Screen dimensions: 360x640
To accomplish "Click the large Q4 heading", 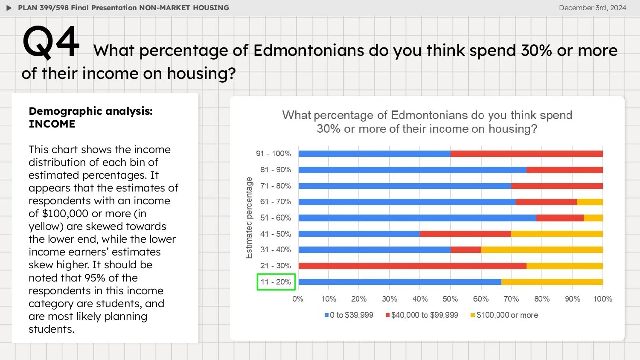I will pyautogui.click(x=51, y=42).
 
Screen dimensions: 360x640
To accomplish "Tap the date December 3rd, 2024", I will pyautogui.click(x=592, y=8).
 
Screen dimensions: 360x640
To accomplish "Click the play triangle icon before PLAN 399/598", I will pyautogui.click(x=9, y=8).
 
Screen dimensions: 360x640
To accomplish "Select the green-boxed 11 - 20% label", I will pyautogui.click(x=276, y=282).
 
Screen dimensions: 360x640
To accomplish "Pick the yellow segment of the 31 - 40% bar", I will pyautogui.click(x=542, y=250).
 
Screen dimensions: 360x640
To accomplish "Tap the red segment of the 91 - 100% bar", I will pyautogui.click(x=527, y=154).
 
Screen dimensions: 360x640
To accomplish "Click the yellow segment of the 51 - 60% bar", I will pyautogui.click(x=593, y=218).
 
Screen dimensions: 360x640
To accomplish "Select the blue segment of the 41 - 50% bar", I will pyautogui.click(x=359, y=234).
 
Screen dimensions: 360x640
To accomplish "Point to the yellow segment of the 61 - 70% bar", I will pyautogui.click(x=590, y=202).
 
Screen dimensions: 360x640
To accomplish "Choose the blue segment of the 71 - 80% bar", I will pyautogui.click(x=404, y=186).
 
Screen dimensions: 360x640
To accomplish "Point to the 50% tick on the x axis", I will pyautogui.click(x=450, y=299).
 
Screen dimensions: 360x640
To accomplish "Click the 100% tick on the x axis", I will pyautogui.click(x=602, y=299).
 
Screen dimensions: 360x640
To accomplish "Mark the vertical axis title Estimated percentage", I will pyautogui.click(x=249, y=218).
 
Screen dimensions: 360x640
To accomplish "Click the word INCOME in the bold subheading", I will pyautogui.click(x=52, y=124).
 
